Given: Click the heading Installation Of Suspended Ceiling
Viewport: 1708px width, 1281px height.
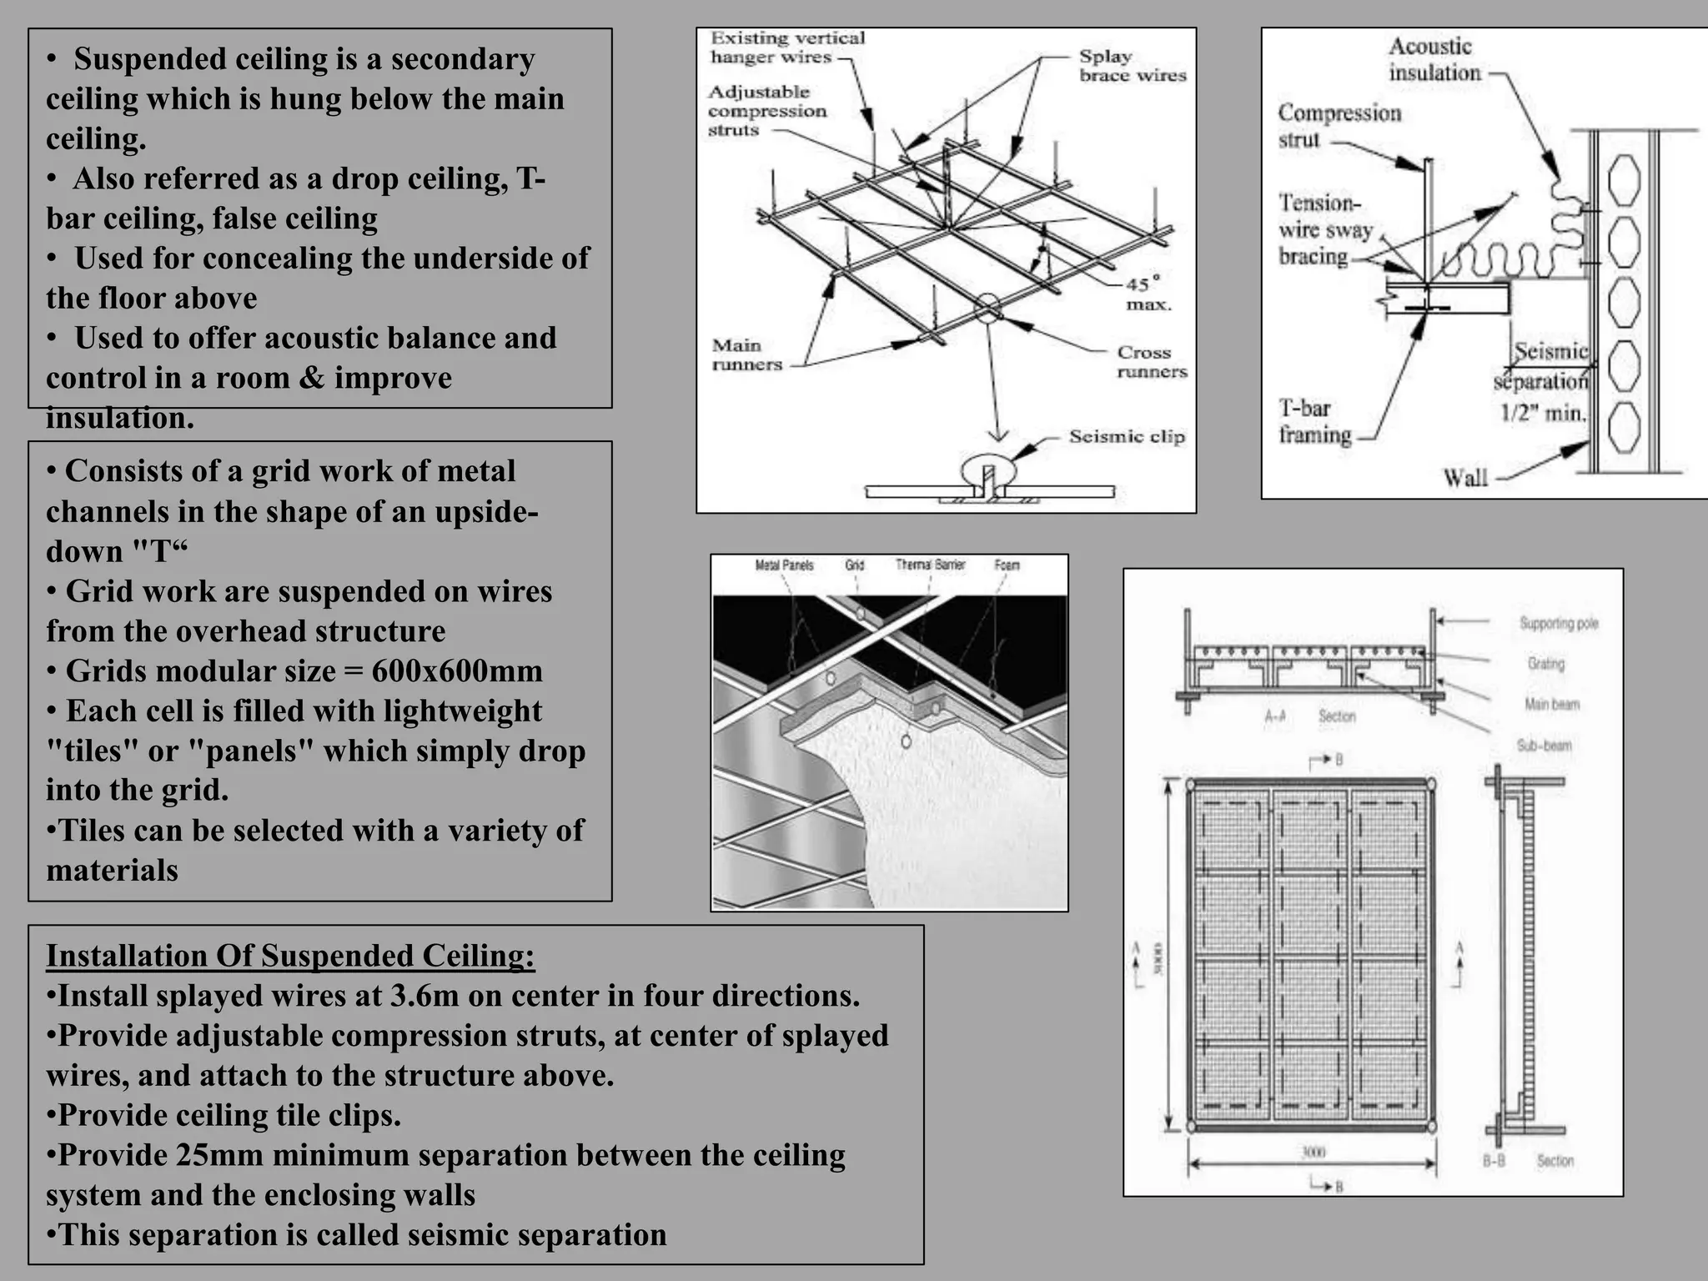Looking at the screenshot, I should tap(289, 956).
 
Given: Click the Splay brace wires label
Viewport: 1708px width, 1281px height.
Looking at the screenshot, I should tap(1132, 66).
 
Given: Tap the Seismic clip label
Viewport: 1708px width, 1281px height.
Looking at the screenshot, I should tap(1126, 437).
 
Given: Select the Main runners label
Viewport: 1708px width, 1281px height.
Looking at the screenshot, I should tap(746, 355).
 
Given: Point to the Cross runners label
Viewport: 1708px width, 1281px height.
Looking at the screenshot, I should tap(1151, 362).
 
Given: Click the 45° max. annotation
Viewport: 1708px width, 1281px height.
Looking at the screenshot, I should tap(1148, 294).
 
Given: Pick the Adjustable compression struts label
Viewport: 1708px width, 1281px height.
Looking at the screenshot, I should tap(766, 111).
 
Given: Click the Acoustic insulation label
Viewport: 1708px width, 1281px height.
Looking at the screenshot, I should tap(1434, 59).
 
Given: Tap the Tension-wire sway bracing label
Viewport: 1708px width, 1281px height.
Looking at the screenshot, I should tap(1324, 229).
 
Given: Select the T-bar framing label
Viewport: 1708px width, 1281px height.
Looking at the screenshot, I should tap(1314, 422).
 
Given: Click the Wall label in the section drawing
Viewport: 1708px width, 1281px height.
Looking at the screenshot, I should tap(1464, 478).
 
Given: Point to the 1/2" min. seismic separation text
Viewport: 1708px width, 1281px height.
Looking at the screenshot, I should tap(1543, 412).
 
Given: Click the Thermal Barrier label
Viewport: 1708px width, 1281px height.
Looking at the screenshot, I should tap(930, 565).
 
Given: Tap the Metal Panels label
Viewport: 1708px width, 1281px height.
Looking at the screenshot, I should tap(783, 565).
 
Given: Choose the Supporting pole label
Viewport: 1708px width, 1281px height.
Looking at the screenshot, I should tap(1558, 623).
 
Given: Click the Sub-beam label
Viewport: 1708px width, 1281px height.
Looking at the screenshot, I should tap(1544, 745).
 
